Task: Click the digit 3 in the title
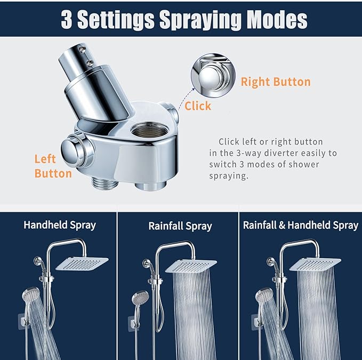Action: [66, 20]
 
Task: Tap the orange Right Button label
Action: [276, 82]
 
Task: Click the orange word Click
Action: [198, 106]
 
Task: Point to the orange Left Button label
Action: [53, 166]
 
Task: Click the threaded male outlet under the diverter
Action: [105, 183]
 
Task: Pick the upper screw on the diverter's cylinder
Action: [82, 49]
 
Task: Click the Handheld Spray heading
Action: [60, 225]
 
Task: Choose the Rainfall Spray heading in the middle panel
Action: [180, 226]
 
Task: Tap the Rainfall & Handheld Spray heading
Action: [301, 226]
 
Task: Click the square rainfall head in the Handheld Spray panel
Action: [82, 263]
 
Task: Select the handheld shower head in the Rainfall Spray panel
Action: [140, 298]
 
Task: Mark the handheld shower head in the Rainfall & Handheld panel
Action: [264, 295]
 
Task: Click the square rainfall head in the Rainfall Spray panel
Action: [191, 266]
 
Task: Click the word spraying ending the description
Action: [229, 176]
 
